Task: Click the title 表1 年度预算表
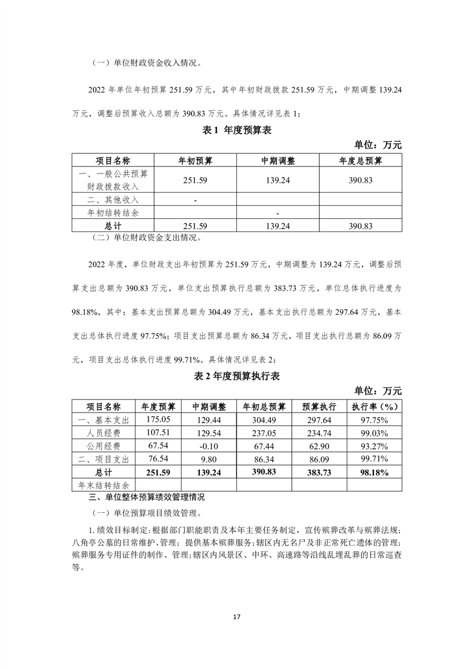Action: (x=236, y=131)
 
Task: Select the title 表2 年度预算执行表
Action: (x=236, y=376)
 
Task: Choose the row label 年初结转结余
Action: (x=113, y=212)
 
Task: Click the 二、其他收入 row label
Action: (x=113, y=200)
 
